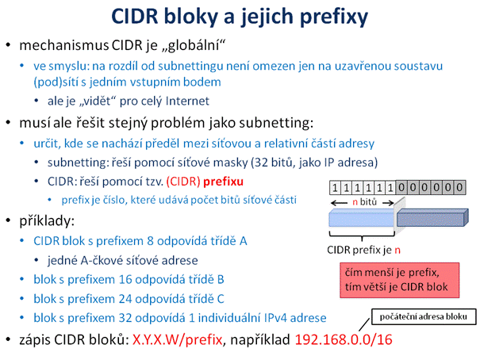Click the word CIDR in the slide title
tap(135, 16)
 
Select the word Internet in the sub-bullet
tap(187, 101)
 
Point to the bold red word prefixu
tap(223, 182)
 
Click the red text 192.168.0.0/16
tap(344, 339)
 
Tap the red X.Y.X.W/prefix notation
tap(177, 340)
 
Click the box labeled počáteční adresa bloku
tap(424, 316)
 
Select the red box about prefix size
tap(400, 280)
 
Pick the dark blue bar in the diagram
tap(432, 218)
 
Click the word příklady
tap(47, 220)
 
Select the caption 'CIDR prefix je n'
tap(363, 250)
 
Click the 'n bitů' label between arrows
tap(364, 202)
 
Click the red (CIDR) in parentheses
tap(183, 182)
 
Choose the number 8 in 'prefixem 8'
tap(150, 241)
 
